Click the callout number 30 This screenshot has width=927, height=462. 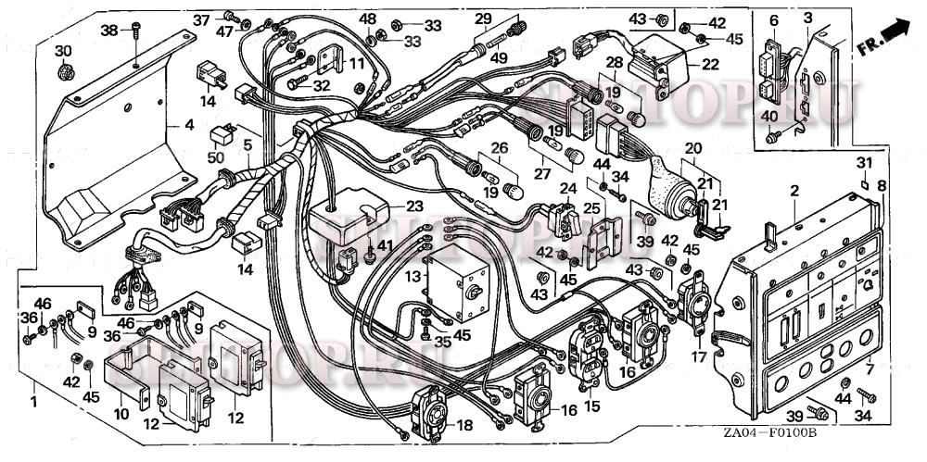[x=62, y=50]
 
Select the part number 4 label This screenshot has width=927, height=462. [x=188, y=124]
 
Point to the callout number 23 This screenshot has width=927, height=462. [x=413, y=206]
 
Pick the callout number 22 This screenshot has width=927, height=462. [x=710, y=65]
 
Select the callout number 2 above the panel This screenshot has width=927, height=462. [x=794, y=191]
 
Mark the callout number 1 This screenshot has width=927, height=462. [x=33, y=404]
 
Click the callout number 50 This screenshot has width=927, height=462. [x=217, y=158]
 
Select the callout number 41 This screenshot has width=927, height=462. [x=385, y=246]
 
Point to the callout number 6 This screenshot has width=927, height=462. [x=774, y=18]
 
